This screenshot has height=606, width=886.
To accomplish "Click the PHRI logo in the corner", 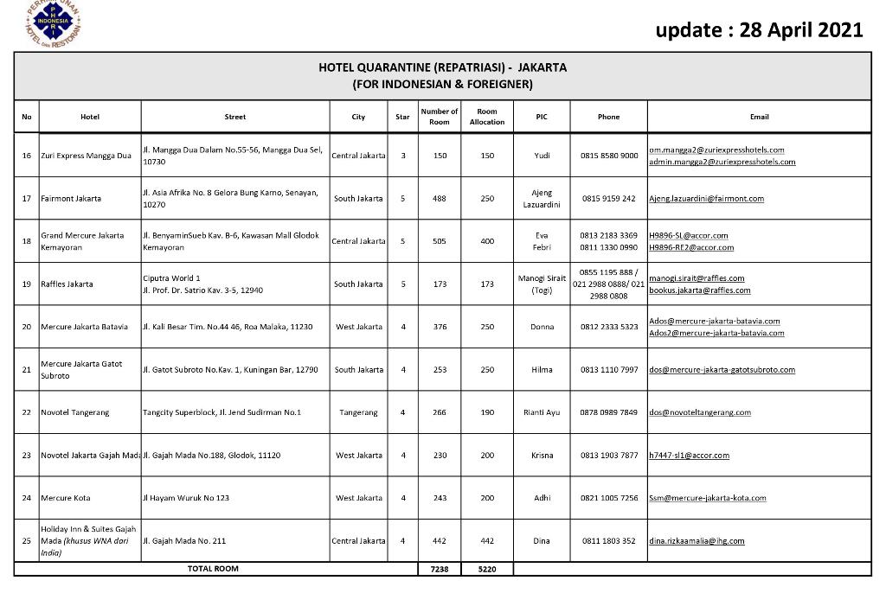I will point(54,23).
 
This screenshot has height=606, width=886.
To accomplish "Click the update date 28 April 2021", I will point(759,31).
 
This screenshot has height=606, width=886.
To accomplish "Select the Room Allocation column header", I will point(487,117).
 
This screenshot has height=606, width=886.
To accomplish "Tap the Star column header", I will point(402,117).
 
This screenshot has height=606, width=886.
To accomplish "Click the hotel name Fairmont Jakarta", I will point(71,199).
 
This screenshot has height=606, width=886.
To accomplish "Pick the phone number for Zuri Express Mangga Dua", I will point(609,156).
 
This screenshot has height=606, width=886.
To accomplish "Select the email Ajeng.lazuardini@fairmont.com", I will point(706,199).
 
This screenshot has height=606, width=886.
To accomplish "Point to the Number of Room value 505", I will point(439,241).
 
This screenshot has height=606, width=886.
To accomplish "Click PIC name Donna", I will point(542,327).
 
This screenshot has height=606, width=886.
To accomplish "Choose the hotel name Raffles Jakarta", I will point(67,284).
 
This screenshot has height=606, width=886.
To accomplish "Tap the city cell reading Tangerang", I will point(358,412).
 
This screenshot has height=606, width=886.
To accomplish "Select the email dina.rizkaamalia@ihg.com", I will point(697,541).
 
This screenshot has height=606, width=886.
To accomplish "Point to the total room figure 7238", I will point(439,569).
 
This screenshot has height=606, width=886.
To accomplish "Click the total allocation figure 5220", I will point(487,569).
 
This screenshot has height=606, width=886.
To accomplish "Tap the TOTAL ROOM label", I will point(213,569).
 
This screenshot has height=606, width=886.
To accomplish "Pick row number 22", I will point(26,412).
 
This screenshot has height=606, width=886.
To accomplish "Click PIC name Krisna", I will point(542,455).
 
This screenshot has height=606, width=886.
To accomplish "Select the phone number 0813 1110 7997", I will point(609,370).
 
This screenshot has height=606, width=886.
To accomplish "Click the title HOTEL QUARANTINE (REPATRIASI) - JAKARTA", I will point(442,67).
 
